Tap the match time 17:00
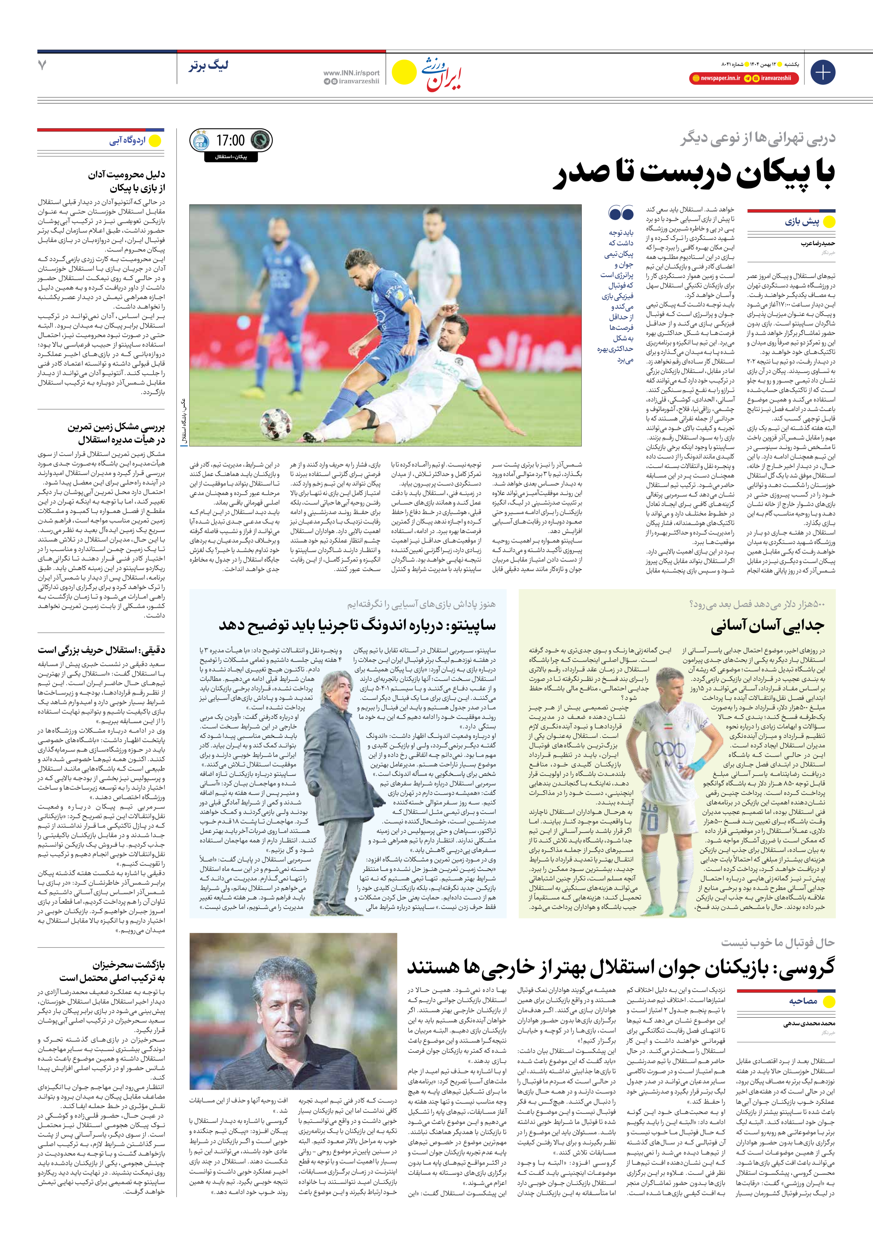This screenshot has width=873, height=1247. (230, 141)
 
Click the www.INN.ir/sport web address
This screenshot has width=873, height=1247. (351, 73)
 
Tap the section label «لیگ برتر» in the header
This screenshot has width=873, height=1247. (208, 66)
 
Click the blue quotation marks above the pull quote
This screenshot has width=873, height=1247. (621, 212)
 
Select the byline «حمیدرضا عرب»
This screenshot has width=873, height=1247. (817, 244)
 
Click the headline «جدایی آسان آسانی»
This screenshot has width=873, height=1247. (767, 626)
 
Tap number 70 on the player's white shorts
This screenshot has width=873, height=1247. (648, 823)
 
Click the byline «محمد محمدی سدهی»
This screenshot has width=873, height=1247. (809, 1023)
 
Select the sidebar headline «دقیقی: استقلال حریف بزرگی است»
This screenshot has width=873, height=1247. (101, 650)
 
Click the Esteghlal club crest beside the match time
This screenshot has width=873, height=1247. (201, 141)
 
